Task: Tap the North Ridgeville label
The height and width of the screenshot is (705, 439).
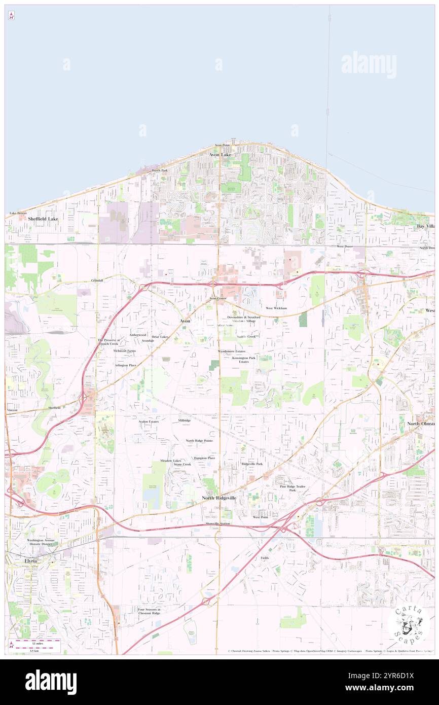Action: tap(219, 498)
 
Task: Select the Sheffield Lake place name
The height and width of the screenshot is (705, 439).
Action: tap(43, 219)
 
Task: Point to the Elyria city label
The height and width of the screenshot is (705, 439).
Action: tap(31, 561)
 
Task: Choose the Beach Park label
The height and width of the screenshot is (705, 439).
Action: tap(160, 170)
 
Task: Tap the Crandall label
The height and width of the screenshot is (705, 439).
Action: tap(97, 280)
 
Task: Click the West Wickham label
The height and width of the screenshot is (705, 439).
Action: tap(276, 308)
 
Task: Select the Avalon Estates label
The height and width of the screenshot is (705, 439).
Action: tap(149, 421)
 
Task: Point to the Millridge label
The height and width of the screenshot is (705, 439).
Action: tap(185, 420)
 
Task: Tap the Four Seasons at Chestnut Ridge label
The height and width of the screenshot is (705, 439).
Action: tap(149, 611)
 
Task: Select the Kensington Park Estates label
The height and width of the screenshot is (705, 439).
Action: tap(244, 360)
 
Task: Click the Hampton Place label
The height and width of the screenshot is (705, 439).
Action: tap(204, 458)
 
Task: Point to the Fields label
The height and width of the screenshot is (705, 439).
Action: tap(265, 558)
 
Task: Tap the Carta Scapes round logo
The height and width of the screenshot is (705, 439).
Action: tap(408, 624)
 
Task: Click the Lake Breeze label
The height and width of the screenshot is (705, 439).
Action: tap(18, 214)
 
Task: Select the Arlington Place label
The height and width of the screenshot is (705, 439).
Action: tap(125, 365)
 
